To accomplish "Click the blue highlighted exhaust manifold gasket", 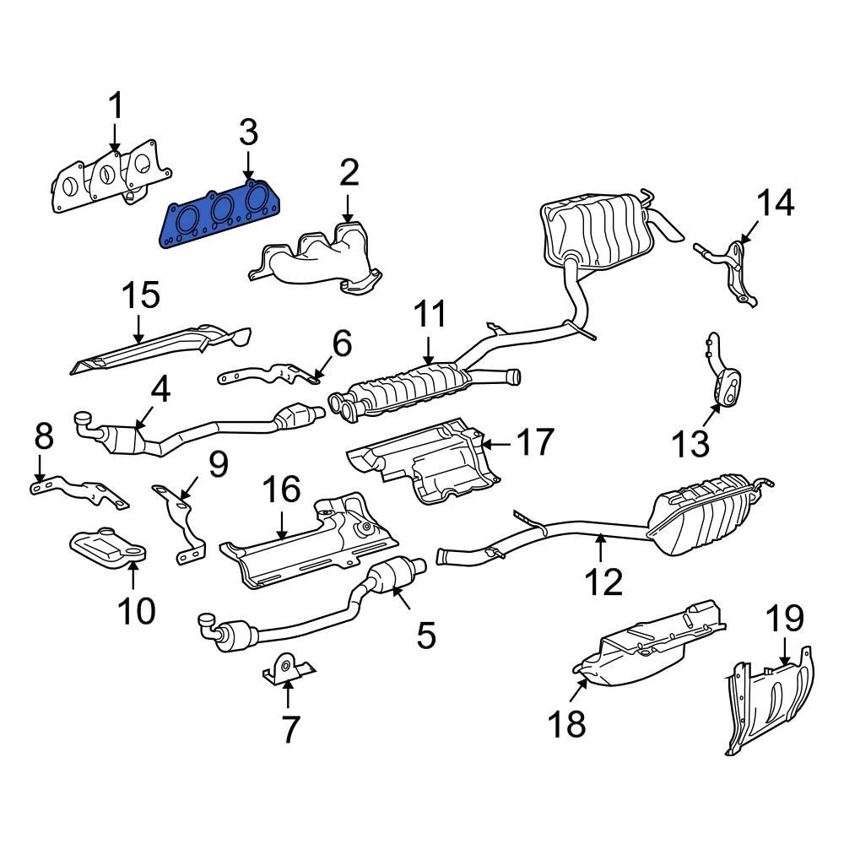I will (218, 218).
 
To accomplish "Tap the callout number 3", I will (247, 133).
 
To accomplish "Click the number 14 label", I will (774, 203).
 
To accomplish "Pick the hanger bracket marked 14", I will (736, 270).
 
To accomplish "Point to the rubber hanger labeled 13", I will (726, 388).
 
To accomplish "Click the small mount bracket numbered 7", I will (287, 668).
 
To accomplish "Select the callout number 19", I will (785, 620).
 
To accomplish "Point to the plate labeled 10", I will (107, 554).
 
